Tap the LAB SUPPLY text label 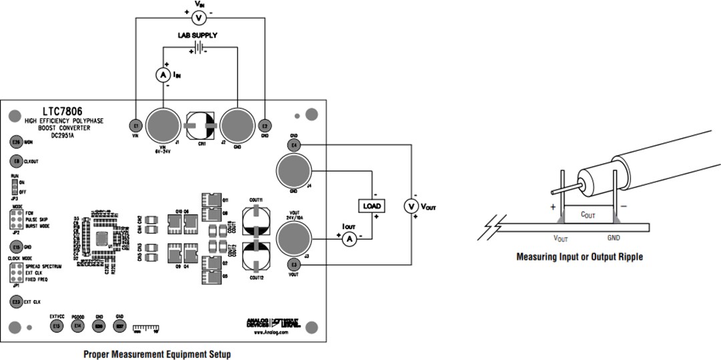[x=197, y=35]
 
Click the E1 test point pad [x=136, y=124]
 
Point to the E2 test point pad [x=265, y=125]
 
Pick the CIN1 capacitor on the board [x=200, y=126]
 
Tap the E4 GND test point [x=294, y=144]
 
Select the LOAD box [x=372, y=206]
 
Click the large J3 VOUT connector [x=292, y=238]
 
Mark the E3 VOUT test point [x=294, y=265]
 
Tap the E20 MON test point [x=15, y=142]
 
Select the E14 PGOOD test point [x=78, y=325]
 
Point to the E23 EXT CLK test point [x=15, y=302]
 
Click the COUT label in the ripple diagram [x=587, y=215]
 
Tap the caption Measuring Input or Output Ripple [x=579, y=256]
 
